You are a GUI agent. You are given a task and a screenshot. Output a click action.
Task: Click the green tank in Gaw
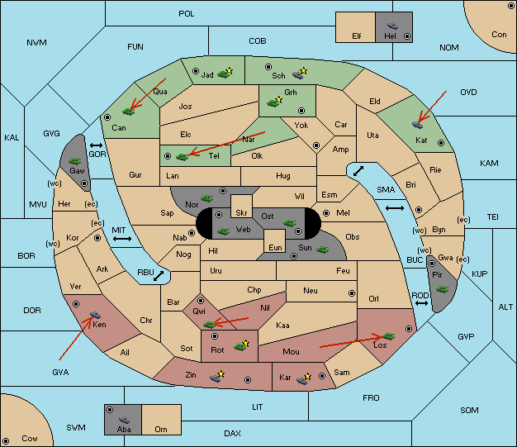75,161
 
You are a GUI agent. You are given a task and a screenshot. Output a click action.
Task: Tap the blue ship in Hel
392,26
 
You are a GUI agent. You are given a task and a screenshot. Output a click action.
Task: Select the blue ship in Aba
124,420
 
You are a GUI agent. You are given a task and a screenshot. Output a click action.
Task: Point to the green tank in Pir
442,289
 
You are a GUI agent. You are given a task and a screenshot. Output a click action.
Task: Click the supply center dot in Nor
223,191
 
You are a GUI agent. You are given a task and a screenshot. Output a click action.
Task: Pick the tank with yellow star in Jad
225,74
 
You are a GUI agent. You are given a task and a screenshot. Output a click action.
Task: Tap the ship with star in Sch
300,74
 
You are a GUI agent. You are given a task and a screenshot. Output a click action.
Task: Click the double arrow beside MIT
122,239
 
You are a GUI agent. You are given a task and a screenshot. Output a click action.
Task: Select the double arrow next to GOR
97,145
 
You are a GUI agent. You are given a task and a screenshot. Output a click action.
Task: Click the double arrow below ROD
421,303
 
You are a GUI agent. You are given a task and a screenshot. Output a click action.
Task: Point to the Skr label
241,213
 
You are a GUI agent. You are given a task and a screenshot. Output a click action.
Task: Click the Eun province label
275,247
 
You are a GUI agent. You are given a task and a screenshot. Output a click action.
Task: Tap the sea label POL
187,14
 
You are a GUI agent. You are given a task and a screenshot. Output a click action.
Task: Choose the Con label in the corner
499,35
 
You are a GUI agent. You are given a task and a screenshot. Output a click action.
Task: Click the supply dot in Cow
6,440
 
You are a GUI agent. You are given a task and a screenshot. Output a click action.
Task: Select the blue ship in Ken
95,314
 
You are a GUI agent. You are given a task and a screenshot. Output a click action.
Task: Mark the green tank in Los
388,336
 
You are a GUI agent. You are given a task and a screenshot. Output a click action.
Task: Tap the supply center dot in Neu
352,293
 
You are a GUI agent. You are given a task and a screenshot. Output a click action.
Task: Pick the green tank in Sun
322,250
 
